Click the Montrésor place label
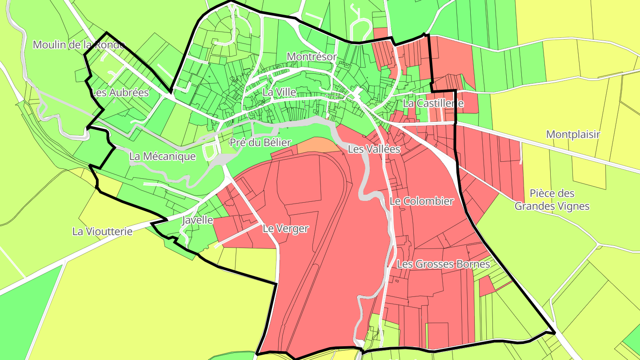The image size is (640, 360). [x=312, y=56]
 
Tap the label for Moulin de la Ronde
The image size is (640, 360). [x=79, y=45]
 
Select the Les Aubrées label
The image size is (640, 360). [x=120, y=92]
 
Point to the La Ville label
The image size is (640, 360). [x=279, y=92]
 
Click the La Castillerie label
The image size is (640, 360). [x=433, y=104]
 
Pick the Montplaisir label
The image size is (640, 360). [x=573, y=134]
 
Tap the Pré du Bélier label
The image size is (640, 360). [x=260, y=143]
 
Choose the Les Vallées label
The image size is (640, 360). [x=374, y=149]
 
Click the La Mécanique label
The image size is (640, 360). [x=162, y=156]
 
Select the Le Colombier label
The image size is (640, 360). [x=421, y=201]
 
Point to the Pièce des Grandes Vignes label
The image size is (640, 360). [x=552, y=200]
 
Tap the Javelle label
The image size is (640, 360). [x=197, y=220]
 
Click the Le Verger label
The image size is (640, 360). [x=285, y=228]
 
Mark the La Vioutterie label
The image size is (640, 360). [x=102, y=232]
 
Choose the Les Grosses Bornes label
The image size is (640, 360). [x=443, y=264]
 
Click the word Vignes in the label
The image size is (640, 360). [x=576, y=206]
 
